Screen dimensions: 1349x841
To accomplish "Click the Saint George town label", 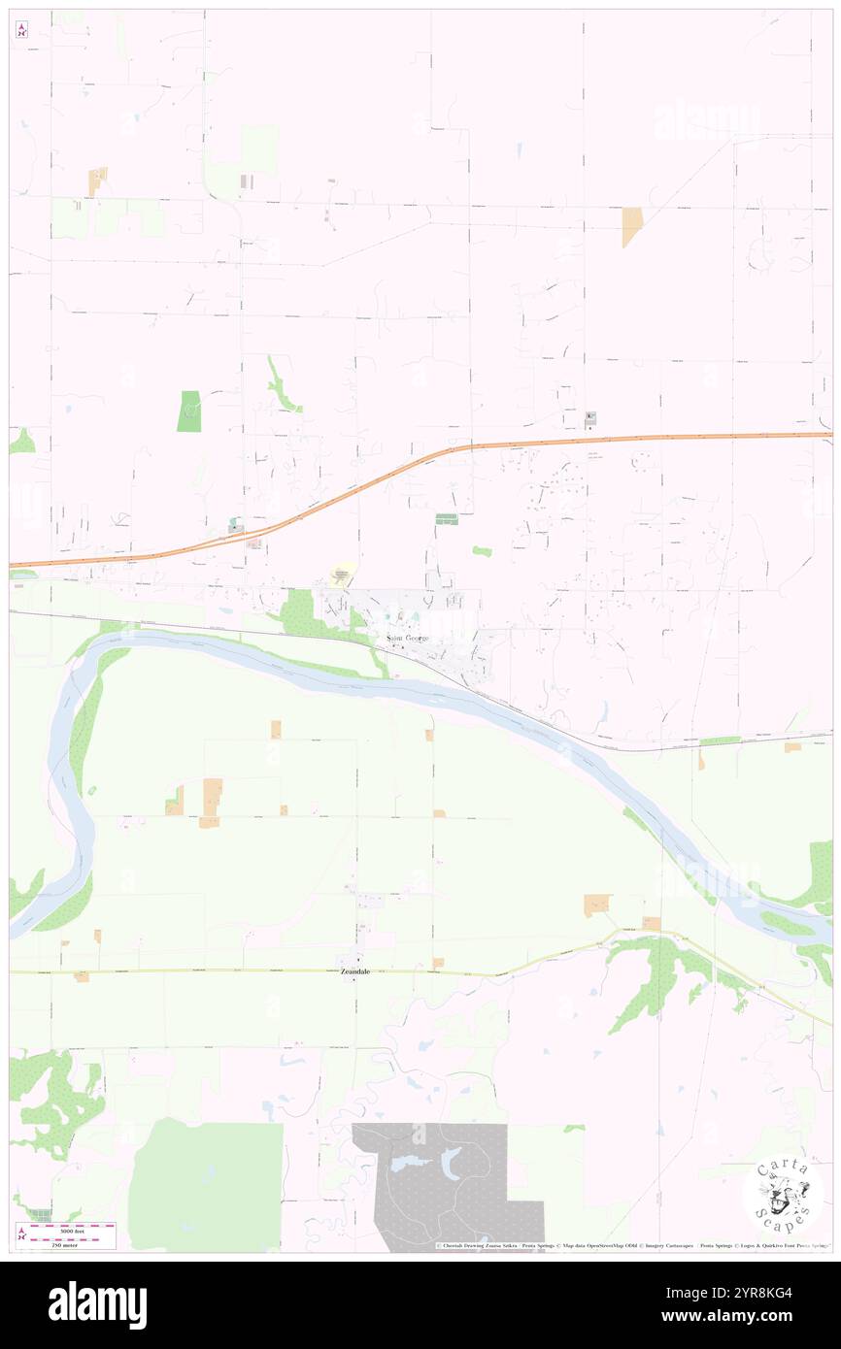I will click(x=407, y=638).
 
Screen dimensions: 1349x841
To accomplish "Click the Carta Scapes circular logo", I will click(x=783, y=1194).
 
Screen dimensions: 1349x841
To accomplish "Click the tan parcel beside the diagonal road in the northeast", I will click(x=631, y=226).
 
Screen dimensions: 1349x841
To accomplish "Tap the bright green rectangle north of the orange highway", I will click(x=189, y=411).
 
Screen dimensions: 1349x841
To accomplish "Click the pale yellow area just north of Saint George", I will click(x=343, y=576).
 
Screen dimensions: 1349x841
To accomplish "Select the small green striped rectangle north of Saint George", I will click(x=446, y=519).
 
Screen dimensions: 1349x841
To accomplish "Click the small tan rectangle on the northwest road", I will click(x=97, y=181).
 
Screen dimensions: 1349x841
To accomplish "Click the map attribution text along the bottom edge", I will click(x=631, y=1245).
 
